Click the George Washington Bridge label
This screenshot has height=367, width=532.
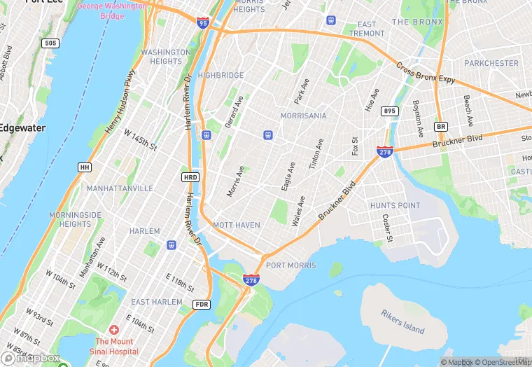click(111, 11)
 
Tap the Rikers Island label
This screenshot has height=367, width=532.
click(403, 321)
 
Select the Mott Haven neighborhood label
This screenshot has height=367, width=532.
click(237, 226)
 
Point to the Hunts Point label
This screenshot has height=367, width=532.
click(395, 206)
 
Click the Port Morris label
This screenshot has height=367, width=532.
click(291, 265)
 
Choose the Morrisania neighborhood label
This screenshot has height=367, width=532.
click(303, 116)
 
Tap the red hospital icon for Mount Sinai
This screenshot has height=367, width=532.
click(113, 329)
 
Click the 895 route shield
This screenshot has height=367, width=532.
click(390, 111)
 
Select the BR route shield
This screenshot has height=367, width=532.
click(440, 127)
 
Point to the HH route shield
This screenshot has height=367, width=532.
click(85, 167)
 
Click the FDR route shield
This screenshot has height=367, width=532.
click(202, 305)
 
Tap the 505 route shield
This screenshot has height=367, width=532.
click(50, 43)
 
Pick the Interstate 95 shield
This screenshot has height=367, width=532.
click(203, 23)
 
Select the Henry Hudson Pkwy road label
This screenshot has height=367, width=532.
click(120, 103)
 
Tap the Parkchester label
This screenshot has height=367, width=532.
click(491, 63)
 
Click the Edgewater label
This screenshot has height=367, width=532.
click(21, 128)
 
